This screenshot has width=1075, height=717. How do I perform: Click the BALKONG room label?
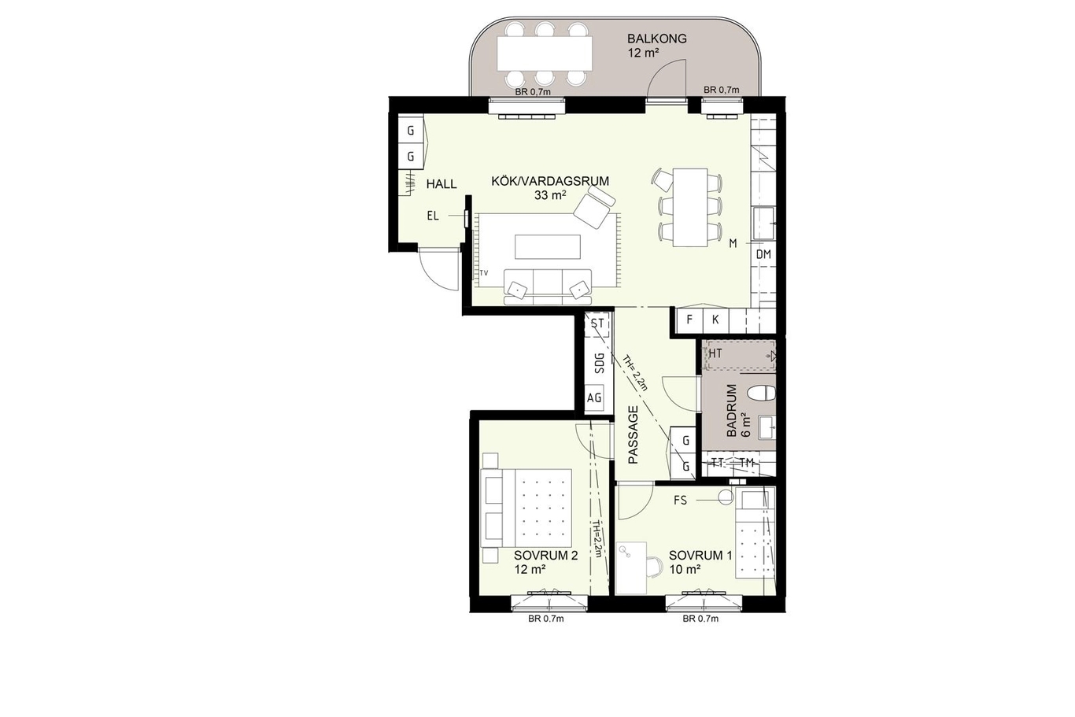tap(657, 39)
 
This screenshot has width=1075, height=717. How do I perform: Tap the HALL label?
tap(441, 184)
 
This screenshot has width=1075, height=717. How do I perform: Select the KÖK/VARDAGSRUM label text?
tap(550, 181)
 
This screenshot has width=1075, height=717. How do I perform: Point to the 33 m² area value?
tap(550, 195)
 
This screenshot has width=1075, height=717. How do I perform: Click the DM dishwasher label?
tap(763, 254)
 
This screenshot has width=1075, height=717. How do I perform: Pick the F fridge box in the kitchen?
tap(689, 320)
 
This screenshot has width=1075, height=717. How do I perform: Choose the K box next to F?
tap(715, 320)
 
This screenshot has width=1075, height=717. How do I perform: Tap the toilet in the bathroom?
tap(762, 393)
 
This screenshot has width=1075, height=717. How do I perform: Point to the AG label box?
tap(594, 398)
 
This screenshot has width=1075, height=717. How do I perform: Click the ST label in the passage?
tap(597, 324)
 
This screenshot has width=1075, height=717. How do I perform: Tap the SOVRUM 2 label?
tap(545, 556)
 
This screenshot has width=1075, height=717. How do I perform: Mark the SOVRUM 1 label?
tap(700, 556)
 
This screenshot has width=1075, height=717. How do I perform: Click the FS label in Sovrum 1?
tap(680, 501)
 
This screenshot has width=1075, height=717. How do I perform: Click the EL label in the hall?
tap(433, 216)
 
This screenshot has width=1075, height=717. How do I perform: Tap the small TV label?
tap(484, 273)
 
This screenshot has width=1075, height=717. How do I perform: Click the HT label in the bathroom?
tap(715, 353)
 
